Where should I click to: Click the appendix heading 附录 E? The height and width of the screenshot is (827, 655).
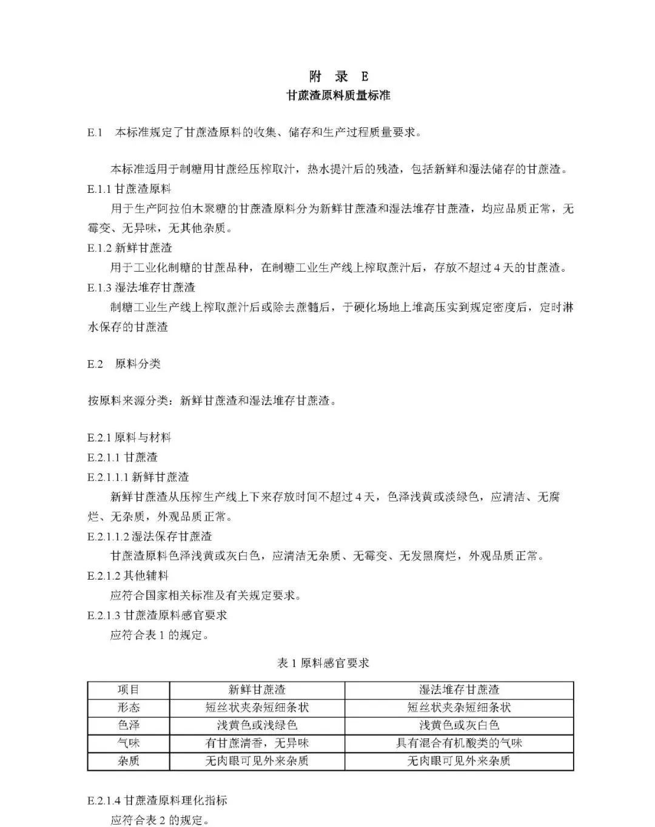click(338, 76)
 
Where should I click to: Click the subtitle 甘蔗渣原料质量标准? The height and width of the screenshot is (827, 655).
click(338, 96)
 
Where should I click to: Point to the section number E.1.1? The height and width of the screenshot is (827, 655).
click(99, 189)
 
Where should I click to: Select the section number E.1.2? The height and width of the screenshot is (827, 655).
click(99, 248)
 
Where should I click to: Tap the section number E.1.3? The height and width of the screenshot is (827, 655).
click(99, 287)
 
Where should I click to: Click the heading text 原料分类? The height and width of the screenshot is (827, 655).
click(138, 364)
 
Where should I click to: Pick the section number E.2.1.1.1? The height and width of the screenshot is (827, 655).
click(108, 477)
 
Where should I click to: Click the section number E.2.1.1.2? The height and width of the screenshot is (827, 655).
click(108, 537)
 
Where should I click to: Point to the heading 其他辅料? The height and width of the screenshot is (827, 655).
click(146, 576)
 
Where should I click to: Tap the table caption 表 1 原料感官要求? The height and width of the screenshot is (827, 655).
click(323, 663)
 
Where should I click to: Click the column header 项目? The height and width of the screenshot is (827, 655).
click(129, 690)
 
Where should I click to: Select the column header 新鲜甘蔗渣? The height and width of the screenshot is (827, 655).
click(257, 690)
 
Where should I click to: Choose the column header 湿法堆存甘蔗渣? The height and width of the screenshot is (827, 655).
click(459, 690)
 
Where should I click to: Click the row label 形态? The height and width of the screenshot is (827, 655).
click(129, 708)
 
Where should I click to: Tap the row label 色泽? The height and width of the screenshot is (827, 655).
click(129, 725)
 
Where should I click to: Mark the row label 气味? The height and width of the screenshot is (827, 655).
click(129, 743)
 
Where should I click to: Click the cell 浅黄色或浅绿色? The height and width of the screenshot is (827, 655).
click(257, 725)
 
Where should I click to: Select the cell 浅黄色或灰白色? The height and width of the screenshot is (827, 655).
click(459, 725)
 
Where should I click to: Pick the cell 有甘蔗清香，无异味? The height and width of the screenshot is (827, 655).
click(257, 743)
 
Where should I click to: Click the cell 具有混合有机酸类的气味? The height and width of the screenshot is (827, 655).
click(459, 743)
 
